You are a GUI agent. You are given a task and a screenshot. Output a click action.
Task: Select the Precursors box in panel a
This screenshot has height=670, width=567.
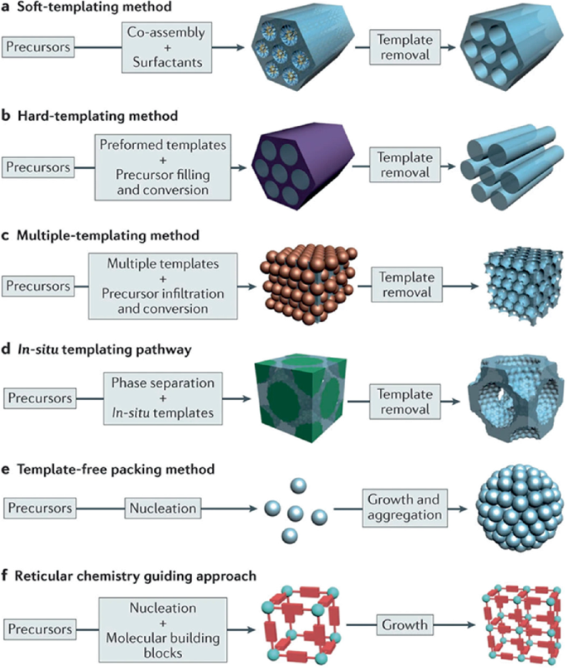click(x=41, y=48)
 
